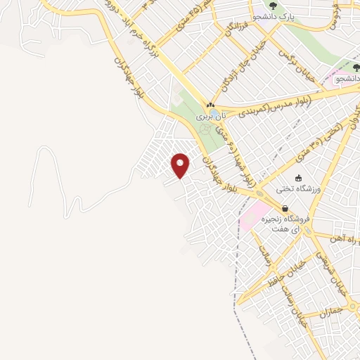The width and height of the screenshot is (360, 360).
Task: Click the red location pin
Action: tap(181, 165)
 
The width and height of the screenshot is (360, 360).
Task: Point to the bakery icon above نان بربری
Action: tap(210, 103)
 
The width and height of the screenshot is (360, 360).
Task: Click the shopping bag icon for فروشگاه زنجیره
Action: tap(285, 209)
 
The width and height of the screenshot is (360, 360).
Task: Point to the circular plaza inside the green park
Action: tap(205, 129)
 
